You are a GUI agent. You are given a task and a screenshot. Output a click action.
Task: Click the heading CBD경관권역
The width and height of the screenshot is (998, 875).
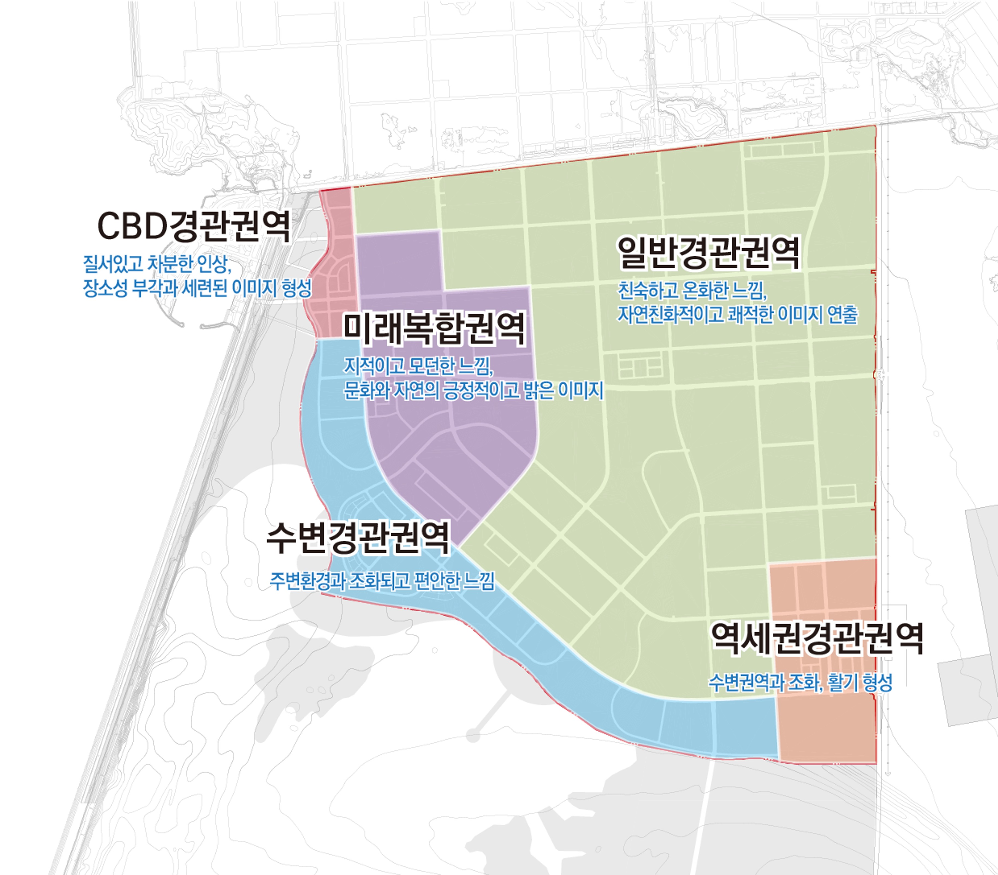[x=194, y=226]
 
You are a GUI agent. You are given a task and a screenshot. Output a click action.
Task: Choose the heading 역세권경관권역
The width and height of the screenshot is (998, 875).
[x=816, y=639]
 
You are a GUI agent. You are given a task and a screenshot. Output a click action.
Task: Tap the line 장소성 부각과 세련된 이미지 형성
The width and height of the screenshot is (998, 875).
[x=197, y=288]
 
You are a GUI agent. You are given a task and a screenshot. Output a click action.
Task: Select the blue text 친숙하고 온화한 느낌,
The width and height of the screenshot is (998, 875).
[x=692, y=291]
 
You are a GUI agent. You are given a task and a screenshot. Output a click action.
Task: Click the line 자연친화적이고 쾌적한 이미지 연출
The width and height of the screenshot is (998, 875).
[x=737, y=315]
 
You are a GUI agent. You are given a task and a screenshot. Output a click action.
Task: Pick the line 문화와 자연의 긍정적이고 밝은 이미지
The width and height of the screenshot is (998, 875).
[x=473, y=390]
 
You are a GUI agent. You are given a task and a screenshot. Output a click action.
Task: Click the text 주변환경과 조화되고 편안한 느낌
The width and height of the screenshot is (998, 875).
[x=382, y=581]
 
